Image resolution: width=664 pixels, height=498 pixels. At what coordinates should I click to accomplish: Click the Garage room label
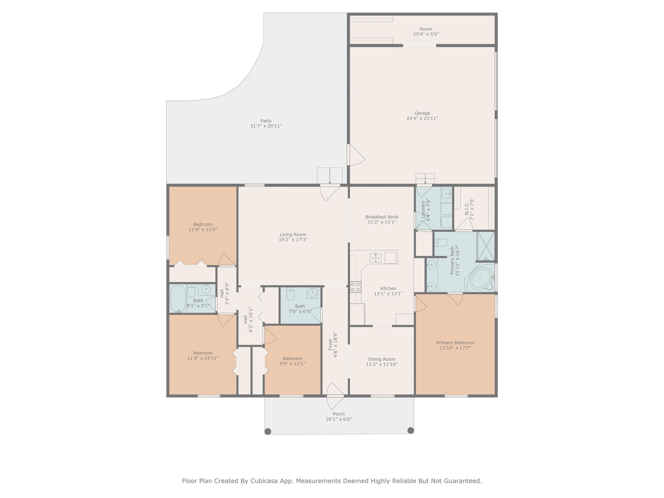point(422,113)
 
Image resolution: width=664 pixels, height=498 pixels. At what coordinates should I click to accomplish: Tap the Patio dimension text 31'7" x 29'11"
point(266,126)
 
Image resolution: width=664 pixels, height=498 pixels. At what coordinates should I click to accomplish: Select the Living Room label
point(293,235)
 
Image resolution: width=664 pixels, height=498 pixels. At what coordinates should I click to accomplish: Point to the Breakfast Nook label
point(382,217)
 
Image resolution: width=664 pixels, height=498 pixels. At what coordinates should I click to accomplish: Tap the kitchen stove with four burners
point(356,287)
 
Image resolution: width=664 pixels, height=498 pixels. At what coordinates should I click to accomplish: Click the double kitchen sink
point(375,258)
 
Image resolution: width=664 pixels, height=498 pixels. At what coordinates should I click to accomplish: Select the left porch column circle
point(268,431)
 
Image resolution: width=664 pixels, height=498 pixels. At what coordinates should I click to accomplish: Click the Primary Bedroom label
point(455,343)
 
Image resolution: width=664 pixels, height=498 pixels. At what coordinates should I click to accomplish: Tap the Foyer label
point(330,345)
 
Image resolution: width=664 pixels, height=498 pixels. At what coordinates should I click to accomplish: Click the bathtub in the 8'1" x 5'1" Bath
point(178,299)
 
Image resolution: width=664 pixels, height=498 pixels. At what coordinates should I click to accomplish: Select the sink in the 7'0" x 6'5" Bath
point(312,293)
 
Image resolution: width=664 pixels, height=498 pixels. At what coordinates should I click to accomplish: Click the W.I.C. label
point(467,209)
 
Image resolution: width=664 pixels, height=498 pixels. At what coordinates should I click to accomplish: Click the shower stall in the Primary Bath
point(486,246)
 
